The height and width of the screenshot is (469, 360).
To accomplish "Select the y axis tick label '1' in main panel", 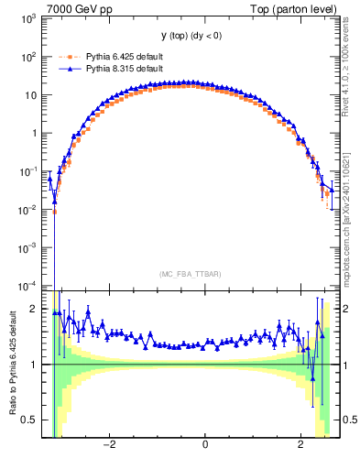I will coord(35,133).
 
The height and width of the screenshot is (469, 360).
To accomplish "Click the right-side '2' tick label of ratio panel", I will coord(344,309).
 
